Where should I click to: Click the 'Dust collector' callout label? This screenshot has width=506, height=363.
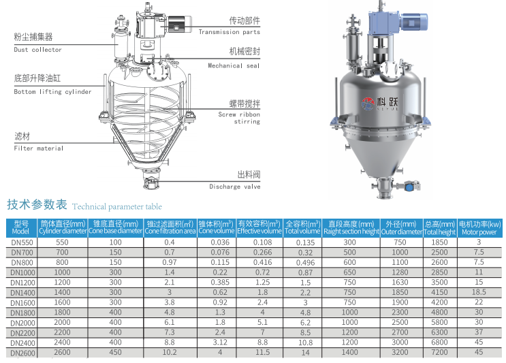pos(37,49)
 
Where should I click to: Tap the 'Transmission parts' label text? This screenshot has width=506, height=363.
pos(229,32)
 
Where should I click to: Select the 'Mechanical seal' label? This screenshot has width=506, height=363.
pos(234,65)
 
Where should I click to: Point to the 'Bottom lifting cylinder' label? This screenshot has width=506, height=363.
pos(52,92)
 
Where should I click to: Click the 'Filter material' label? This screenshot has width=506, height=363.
pos(38,148)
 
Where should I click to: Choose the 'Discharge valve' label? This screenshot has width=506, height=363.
pos(234,187)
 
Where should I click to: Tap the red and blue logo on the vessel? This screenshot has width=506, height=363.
pos(368,104)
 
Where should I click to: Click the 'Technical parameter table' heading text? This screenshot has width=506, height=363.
pos(117,206)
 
